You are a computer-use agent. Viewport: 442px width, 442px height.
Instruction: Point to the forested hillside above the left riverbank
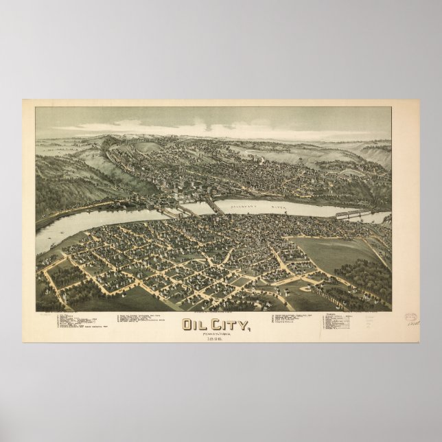pos(69,178)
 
